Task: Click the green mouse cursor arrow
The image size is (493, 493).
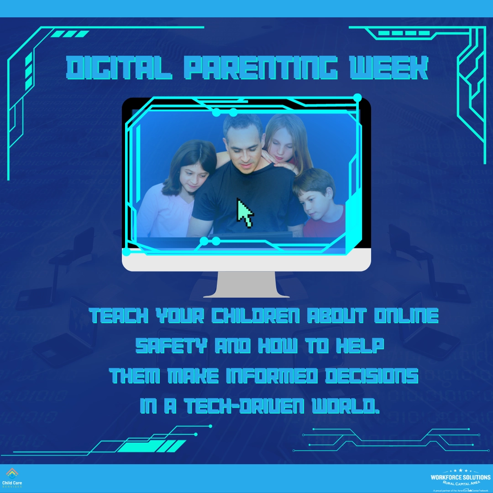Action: click(x=245, y=213)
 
